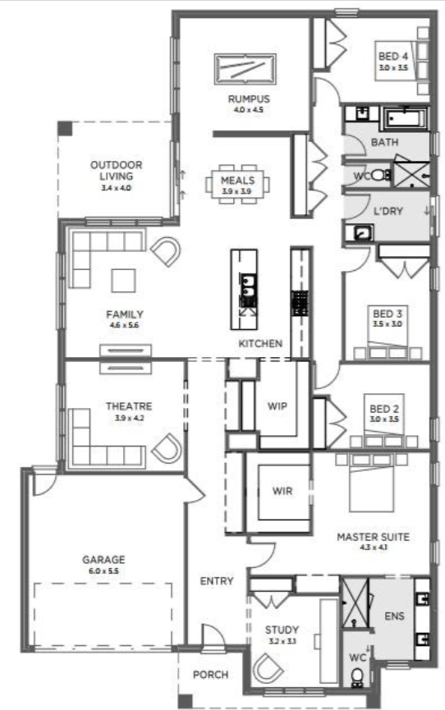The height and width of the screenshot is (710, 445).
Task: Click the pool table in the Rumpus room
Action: (245, 69)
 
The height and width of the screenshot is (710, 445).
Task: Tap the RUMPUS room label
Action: (249, 98)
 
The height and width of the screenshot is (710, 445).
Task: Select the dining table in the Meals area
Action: (237, 185)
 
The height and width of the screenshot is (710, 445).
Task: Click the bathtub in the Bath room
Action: (406, 119)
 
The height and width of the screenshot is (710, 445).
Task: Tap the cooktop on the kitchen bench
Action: (299, 303)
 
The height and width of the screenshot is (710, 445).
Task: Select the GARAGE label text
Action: (103, 559)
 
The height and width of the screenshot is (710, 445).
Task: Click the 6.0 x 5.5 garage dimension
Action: (103, 571)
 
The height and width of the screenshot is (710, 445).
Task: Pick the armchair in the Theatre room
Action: (167, 449)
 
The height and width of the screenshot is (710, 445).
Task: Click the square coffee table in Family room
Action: (123, 280)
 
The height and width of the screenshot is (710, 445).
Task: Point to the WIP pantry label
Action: (278, 405)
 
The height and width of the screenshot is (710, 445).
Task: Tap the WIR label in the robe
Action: (282, 491)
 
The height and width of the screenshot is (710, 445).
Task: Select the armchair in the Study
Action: (268, 668)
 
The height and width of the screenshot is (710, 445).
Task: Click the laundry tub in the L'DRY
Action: (360, 233)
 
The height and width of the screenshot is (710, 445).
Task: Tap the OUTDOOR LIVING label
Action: (117, 170)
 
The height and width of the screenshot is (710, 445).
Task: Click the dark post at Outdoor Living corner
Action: (65, 129)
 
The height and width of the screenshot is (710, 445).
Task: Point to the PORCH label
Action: (211, 675)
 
